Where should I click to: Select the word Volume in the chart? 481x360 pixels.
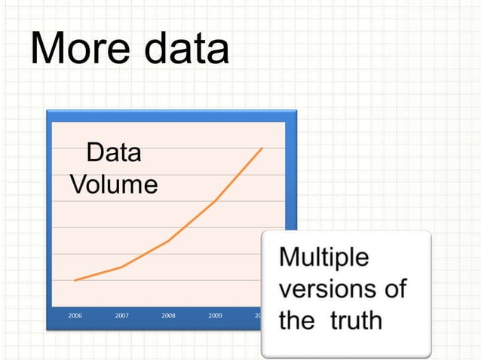click(114, 185)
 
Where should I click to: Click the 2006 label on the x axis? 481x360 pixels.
click(75, 316)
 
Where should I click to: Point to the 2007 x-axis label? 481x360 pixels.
click(121, 316)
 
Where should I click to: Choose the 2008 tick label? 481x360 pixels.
click(168, 316)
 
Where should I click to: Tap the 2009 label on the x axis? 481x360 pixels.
click(215, 316)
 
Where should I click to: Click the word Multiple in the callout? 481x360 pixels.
click(324, 258)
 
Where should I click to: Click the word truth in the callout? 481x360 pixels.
click(356, 320)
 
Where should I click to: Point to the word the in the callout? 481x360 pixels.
click(297, 320)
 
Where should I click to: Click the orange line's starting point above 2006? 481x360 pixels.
click(75, 280)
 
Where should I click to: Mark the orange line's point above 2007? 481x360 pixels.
click(121, 267)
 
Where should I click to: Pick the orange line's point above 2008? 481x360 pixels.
click(168, 240)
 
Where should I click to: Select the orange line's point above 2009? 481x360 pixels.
click(215, 201)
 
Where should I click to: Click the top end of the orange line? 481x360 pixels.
click(262, 148)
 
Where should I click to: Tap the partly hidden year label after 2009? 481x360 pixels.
click(258, 316)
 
